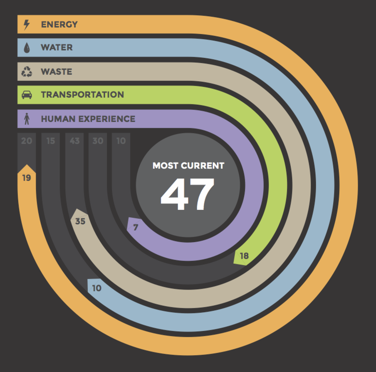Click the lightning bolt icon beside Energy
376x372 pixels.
click(27, 25)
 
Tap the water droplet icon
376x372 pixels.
click(27, 48)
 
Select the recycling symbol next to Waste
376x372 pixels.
click(27, 72)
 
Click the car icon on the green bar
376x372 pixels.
click(27, 95)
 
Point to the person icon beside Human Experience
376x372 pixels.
click(27, 119)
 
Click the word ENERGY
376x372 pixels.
click(59, 25)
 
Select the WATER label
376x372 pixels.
click(57, 48)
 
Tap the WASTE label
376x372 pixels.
click(56, 72)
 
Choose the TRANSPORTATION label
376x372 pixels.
click(82, 95)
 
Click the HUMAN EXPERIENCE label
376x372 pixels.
click(88, 119)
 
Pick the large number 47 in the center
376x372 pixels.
click(188, 194)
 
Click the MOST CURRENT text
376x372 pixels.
click(188, 166)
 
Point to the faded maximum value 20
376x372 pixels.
click(27, 141)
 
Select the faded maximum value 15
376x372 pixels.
click(50, 141)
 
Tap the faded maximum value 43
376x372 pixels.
click(74, 141)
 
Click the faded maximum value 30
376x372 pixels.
click(98, 141)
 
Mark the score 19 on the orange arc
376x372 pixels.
click(27, 178)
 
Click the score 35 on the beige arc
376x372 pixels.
click(80, 221)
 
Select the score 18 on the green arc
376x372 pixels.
click(244, 256)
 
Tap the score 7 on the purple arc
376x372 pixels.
click(136, 227)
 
